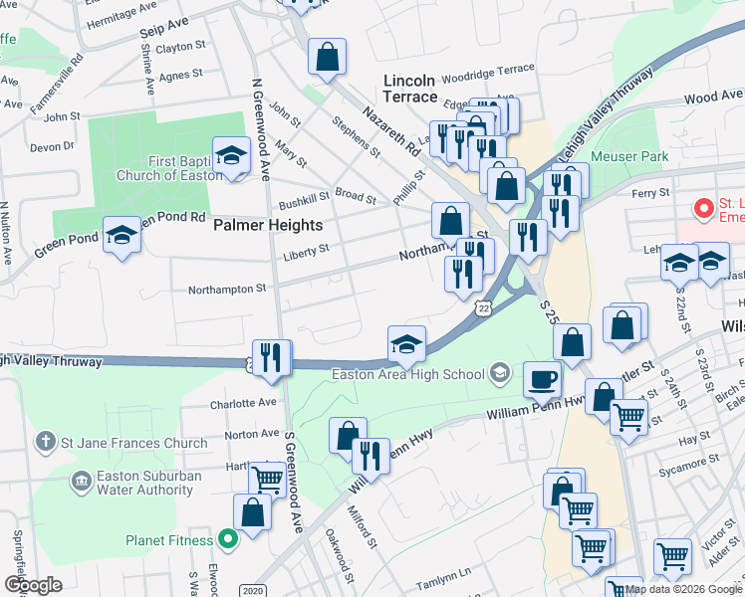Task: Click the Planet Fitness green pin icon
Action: tap(228, 540)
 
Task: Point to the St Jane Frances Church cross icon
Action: tap(44, 441)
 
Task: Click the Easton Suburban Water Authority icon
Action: tap(80, 482)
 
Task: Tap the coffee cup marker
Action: tap(542, 378)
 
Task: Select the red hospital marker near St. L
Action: tap(704, 209)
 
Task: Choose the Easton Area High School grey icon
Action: tap(500, 374)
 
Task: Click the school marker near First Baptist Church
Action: tap(231, 155)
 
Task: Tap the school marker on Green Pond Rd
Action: tap(122, 236)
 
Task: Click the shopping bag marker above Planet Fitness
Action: tap(252, 512)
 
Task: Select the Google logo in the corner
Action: tap(33, 585)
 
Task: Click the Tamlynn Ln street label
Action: tap(442, 573)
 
